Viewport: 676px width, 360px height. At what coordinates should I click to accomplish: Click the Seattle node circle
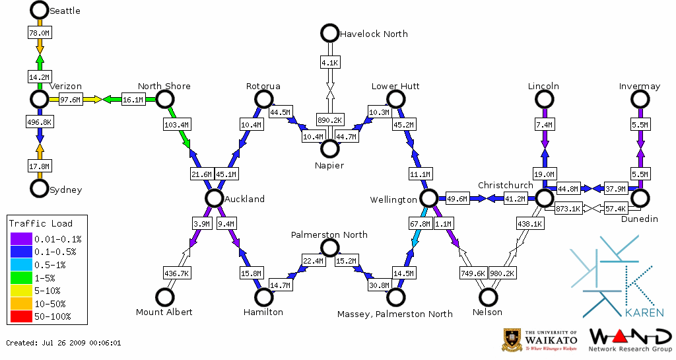coord(39,10)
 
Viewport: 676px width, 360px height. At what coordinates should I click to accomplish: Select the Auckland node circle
coord(213,198)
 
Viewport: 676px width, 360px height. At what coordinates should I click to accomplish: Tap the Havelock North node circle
coord(329,33)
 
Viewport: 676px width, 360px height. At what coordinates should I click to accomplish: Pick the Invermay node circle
coord(639,99)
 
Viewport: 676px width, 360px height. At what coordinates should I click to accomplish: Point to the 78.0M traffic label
coord(39,32)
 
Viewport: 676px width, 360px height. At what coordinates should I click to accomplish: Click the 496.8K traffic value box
coord(40,122)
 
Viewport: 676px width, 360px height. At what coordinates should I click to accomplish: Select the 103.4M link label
coord(176,124)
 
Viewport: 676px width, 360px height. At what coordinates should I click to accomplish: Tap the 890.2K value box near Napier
coord(329,120)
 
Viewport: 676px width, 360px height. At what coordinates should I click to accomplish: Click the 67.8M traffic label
coord(420,224)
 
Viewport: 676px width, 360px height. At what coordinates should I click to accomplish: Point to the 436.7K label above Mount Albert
coord(176,273)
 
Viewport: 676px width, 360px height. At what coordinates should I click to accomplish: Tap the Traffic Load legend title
coord(40,223)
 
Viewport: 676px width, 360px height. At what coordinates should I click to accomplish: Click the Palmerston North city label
coord(329,234)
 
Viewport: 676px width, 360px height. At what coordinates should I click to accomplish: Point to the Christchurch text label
coord(505,185)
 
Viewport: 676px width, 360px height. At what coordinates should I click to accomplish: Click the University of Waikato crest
coord(513,339)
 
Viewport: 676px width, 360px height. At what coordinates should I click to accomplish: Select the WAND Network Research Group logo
coord(630,339)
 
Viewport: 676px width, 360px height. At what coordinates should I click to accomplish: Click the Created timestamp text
coord(63,343)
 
